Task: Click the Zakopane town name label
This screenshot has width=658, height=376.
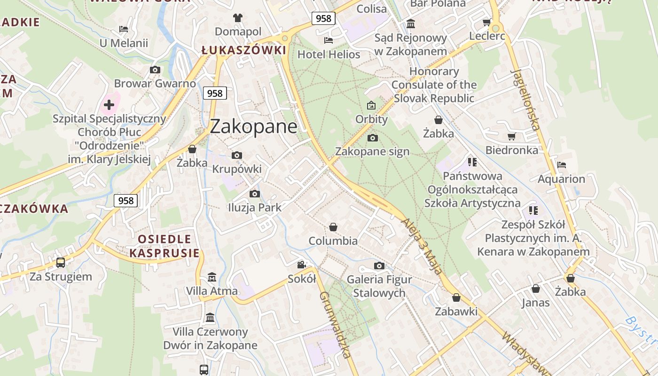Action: point(253,126)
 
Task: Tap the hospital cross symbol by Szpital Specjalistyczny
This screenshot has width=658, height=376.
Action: point(109,104)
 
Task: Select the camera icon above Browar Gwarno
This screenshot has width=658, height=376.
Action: point(155,70)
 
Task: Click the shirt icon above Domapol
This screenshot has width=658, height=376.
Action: point(238,18)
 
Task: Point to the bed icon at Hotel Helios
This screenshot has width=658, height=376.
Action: point(329,40)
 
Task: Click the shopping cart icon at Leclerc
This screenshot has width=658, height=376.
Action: point(487,22)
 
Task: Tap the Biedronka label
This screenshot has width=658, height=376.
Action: point(512,150)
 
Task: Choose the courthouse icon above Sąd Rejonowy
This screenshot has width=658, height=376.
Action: point(411,23)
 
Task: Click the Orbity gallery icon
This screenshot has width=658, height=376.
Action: point(371,105)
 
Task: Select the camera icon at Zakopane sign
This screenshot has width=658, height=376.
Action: point(372,138)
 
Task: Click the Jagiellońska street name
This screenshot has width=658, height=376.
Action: point(525,100)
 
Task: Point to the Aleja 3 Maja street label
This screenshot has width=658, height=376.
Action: point(422,246)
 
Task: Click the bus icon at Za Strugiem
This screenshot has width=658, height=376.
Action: point(61,262)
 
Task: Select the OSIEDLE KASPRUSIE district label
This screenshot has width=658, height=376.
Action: point(164,246)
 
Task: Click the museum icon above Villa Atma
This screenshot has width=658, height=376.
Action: point(211,277)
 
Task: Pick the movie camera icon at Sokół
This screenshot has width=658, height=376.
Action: point(301,265)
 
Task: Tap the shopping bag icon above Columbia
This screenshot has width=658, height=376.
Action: point(333,227)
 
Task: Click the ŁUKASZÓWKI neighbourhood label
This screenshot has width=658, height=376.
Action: point(243,50)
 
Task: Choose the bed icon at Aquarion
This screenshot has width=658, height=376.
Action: point(561,165)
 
